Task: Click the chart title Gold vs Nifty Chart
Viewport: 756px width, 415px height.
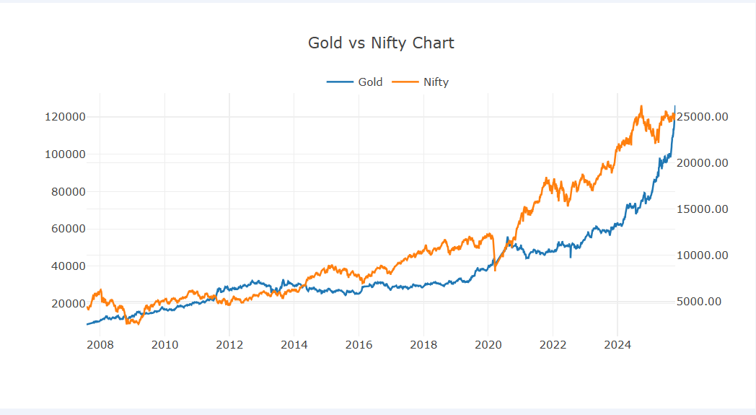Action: tap(381, 43)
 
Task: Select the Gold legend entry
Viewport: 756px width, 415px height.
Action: tap(355, 82)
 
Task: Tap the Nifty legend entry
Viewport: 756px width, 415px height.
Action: tap(421, 82)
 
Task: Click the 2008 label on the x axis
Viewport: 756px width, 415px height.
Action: tap(100, 344)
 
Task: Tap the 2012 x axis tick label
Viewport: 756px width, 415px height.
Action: tap(229, 344)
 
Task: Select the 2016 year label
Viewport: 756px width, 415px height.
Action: tap(359, 344)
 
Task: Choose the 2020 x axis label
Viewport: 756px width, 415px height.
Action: tap(488, 344)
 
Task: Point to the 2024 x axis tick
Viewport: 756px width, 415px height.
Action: tap(617, 344)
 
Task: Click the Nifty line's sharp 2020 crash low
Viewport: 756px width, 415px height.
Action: tap(495, 270)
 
